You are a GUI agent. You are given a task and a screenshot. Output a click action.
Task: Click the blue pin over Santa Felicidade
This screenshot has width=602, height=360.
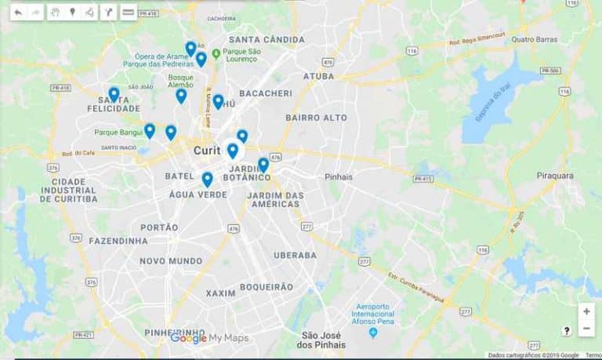click(114, 94)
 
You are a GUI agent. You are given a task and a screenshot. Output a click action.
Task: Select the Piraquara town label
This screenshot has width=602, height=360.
click(555, 176)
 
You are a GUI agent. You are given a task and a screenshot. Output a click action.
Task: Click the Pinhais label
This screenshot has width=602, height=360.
click(339, 176)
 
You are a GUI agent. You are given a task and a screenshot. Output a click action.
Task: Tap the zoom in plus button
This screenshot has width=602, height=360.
click(586, 311)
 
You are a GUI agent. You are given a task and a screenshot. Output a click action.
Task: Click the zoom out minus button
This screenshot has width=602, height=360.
click(586, 328)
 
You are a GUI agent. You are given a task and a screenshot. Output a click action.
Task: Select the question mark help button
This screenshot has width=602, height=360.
click(566, 331)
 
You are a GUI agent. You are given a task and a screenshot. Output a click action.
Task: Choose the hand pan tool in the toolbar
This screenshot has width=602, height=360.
click(55, 13)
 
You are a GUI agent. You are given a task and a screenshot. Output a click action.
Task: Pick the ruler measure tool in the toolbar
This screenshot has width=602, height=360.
click(129, 13)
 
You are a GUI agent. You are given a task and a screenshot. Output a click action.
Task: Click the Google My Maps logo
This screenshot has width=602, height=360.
click(209, 338)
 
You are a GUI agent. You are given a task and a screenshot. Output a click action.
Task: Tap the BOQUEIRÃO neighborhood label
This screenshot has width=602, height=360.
click(266, 287)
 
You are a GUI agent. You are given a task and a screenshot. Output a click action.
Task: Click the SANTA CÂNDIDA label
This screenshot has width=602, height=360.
click(267, 39)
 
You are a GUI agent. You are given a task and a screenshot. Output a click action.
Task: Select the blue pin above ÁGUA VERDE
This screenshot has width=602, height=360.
click(207, 179)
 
